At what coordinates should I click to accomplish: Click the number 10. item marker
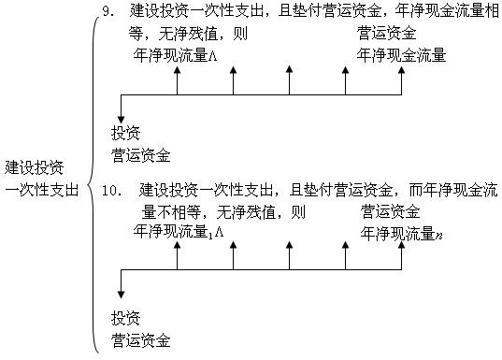pos(112,192)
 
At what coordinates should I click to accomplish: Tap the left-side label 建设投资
pos(36,168)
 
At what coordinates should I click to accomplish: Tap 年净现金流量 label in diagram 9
pos(402,54)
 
